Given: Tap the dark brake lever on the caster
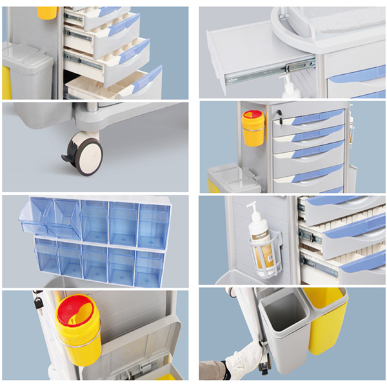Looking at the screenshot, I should pyautogui.click(x=68, y=154).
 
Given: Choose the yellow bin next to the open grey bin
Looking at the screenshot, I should pyautogui.click(x=326, y=319).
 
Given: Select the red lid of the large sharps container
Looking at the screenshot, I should pyautogui.click(x=76, y=309).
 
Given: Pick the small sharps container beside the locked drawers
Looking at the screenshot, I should pyautogui.click(x=253, y=127).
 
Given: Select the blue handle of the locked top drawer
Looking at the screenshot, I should pyautogui.click(x=316, y=117).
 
